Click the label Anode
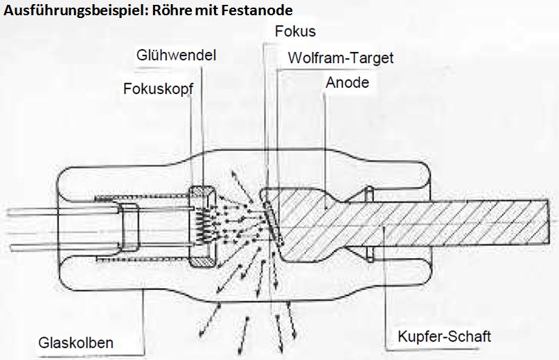pos(347,82)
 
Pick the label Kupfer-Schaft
pos(444,336)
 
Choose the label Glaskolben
pos(76,343)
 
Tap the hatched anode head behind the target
pos(305,222)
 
